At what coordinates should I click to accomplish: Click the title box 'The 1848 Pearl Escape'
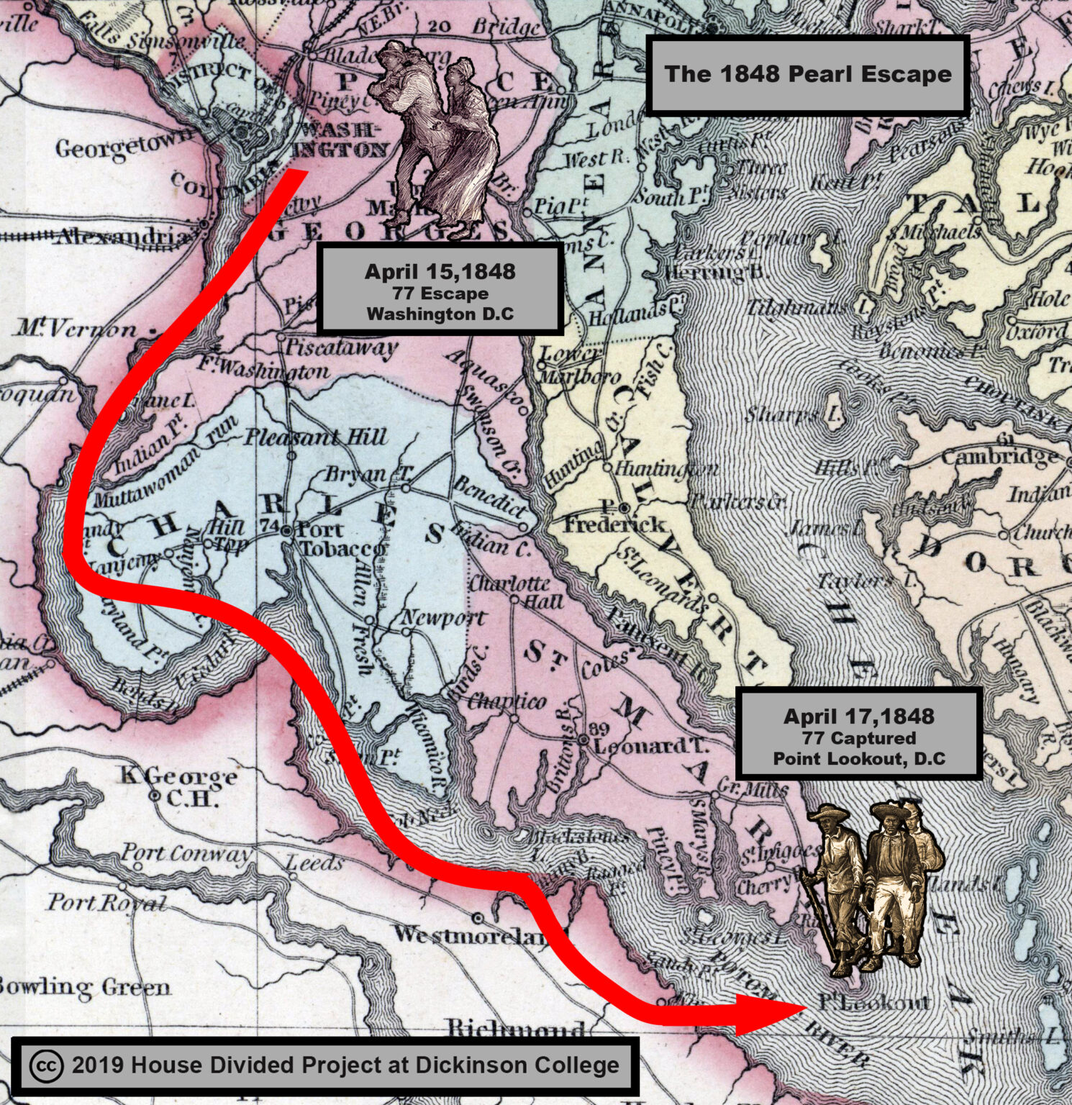click(x=807, y=75)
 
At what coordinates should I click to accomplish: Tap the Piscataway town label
click(x=342, y=347)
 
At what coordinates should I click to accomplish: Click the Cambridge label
click(x=999, y=458)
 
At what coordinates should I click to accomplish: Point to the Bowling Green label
click(x=85, y=987)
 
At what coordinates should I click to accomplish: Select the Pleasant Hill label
click(x=317, y=437)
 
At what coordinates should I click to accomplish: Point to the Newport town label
click(x=442, y=617)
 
